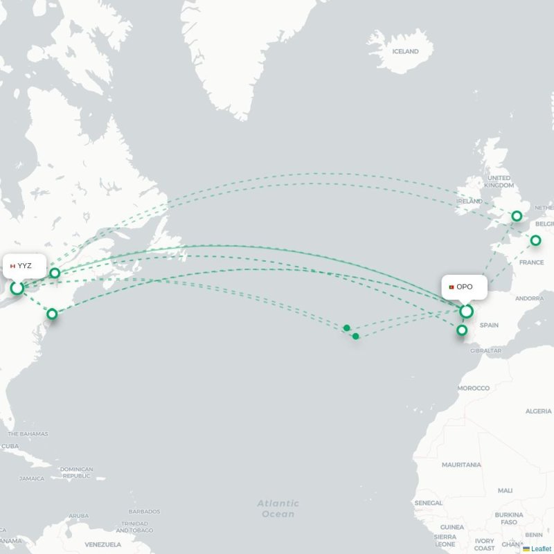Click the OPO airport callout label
pyautogui.click(x=464, y=287)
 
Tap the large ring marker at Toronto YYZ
pyautogui.click(x=17, y=287)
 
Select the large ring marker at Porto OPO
pyautogui.click(x=467, y=311)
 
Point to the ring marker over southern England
pyautogui.click(x=516, y=217)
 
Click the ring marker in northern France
pyautogui.click(x=535, y=240)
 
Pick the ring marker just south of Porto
pyautogui.click(x=461, y=331)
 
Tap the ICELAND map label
pyautogui.click(x=405, y=51)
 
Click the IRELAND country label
pyautogui.click(x=469, y=201)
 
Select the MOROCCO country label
pyautogui.click(x=473, y=388)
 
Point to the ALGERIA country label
pyautogui.click(x=538, y=411)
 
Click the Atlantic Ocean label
pyautogui.click(x=278, y=509)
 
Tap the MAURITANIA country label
pyautogui.click(x=461, y=465)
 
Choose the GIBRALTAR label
pyautogui.click(x=485, y=350)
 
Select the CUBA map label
pyautogui.click(x=10, y=445)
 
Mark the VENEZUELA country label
pyautogui.click(x=103, y=544)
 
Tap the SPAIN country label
pyautogui.click(x=489, y=324)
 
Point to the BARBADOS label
pyautogui.click(x=144, y=511)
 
